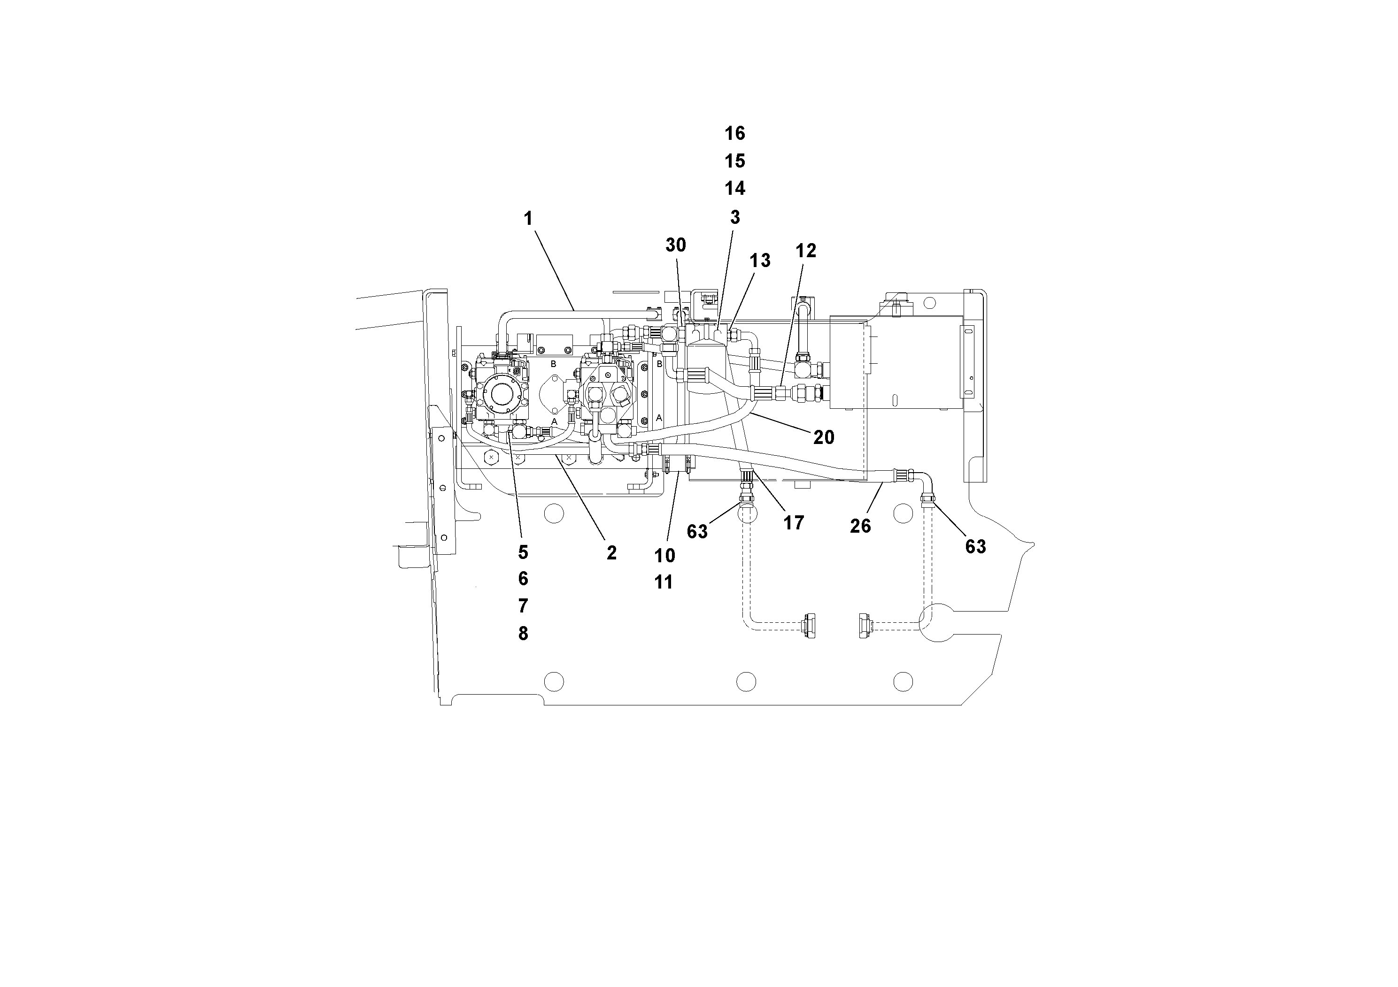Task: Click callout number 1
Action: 528,218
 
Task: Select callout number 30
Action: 675,245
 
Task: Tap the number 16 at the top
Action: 734,133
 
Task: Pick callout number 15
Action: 734,161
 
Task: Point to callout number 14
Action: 734,189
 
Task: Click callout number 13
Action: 759,261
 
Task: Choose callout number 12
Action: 805,251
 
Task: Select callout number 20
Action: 823,437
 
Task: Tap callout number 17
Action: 793,523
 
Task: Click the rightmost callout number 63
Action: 975,547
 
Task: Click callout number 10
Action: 664,556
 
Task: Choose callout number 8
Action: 523,634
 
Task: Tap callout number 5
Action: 523,552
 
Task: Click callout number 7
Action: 523,606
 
